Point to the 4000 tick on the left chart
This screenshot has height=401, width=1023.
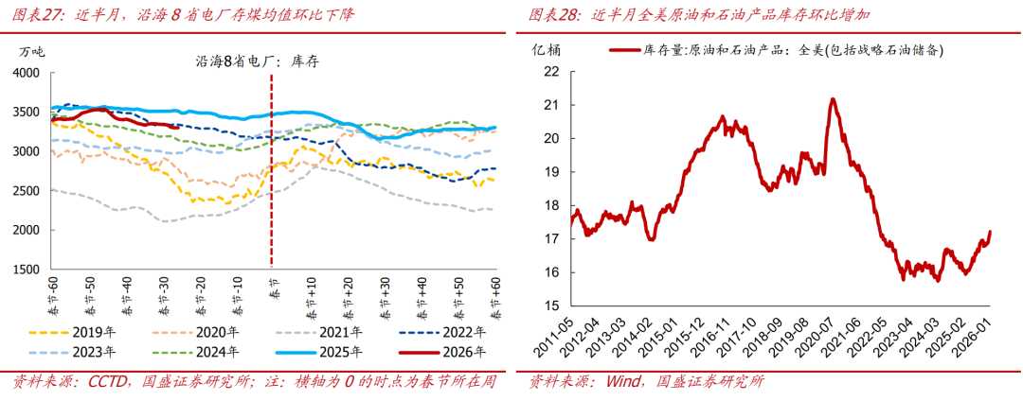click(x=26, y=73)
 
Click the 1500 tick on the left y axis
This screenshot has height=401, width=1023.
click(x=26, y=270)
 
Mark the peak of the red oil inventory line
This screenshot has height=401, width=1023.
click(x=832, y=98)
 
